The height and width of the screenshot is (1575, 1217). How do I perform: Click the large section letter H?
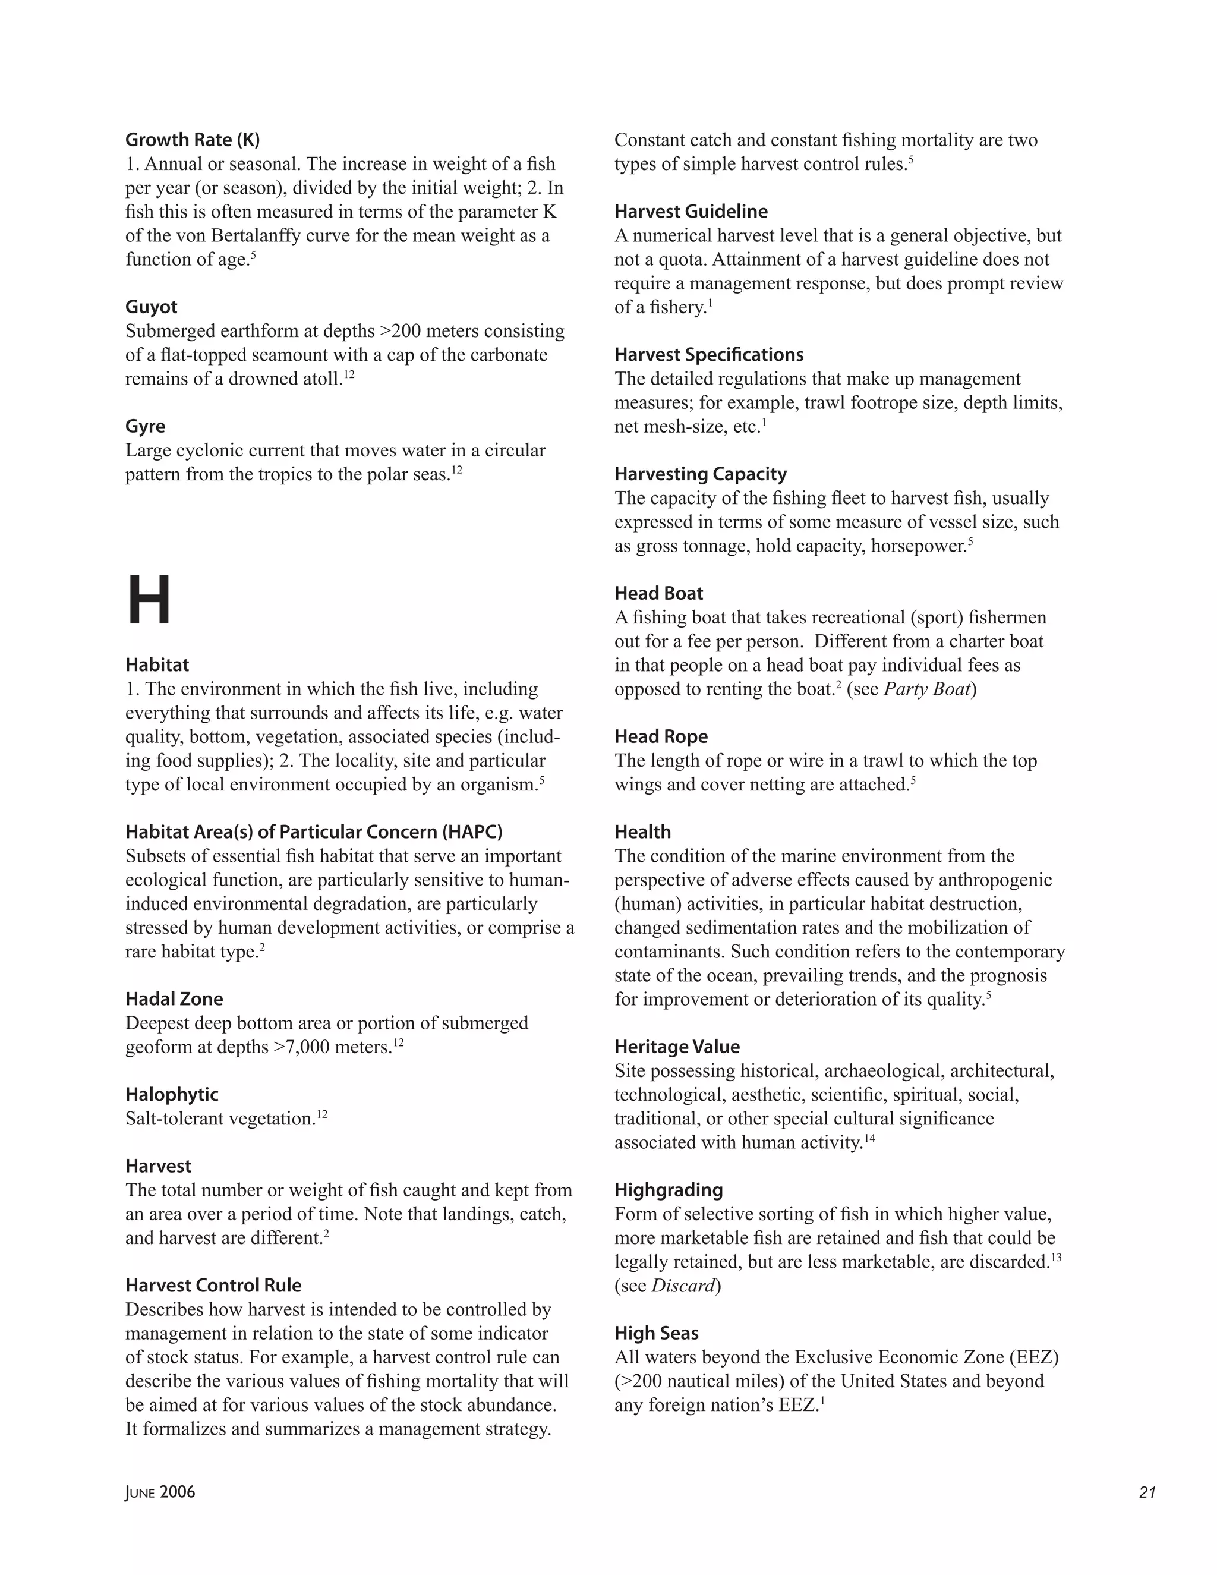click(x=149, y=601)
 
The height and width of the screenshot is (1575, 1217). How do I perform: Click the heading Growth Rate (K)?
click(x=193, y=140)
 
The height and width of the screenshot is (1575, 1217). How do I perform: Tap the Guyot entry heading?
click(x=151, y=307)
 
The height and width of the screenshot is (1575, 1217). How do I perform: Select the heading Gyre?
click(x=145, y=426)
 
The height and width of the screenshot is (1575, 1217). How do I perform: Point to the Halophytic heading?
click(x=172, y=1094)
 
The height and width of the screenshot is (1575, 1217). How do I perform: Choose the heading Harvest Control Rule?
click(x=213, y=1285)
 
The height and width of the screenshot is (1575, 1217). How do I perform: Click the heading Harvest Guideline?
click(x=691, y=212)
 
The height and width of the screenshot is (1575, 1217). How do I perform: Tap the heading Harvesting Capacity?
click(x=700, y=474)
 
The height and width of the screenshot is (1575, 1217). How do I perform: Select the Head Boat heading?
click(x=658, y=594)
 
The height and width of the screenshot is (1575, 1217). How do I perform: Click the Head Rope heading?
click(x=661, y=736)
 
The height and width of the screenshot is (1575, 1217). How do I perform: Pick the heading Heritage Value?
click(x=677, y=1047)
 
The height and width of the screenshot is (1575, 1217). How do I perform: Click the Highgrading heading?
click(x=669, y=1190)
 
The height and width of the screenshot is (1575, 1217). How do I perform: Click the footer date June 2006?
click(x=160, y=1492)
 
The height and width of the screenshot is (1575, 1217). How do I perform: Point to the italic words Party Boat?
click(x=927, y=689)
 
